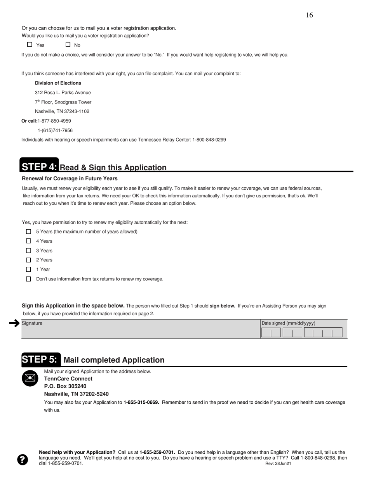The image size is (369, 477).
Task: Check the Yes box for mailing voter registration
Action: (x=30, y=45)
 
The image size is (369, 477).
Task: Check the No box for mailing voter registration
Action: (x=68, y=45)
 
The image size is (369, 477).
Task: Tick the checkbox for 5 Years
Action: (x=28, y=232)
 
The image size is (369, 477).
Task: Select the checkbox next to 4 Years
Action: (x=28, y=241)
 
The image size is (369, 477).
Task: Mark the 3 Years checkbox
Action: (x=28, y=251)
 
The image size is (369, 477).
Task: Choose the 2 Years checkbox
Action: (x=28, y=260)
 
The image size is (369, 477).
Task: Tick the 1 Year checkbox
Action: (x=28, y=269)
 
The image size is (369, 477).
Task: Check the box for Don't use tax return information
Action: (x=28, y=279)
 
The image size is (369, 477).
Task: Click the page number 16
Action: (x=309, y=15)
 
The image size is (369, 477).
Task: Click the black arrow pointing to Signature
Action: (x=14, y=323)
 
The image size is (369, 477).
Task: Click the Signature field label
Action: (x=32, y=323)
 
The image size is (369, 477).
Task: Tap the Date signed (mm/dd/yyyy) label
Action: (x=288, y=323)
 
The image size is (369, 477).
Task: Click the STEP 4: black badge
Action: (x=39, y=167)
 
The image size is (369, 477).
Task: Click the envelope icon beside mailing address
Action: (x=30, y=378)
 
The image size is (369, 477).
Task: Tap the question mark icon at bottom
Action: (x=23, y=460)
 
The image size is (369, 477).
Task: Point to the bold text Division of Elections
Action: (x=58, y=83)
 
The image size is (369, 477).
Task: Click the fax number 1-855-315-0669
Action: (x=141, y=402)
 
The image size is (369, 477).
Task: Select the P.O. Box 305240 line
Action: (x=65, y=386)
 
